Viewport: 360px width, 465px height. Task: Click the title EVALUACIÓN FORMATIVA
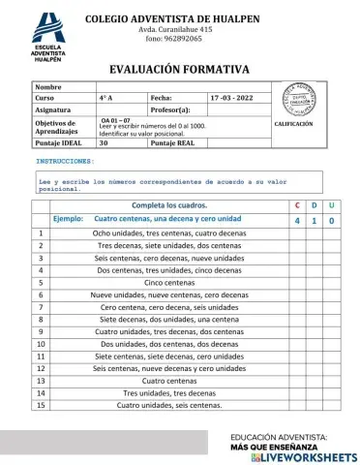tap(179, 69)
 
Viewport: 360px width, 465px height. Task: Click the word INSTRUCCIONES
tap(65, 161)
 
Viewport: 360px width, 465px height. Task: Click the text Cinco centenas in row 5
tap(169, 283)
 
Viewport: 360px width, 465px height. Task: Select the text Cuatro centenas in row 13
tap(169, 381)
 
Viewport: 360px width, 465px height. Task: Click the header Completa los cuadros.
tap(169, 206)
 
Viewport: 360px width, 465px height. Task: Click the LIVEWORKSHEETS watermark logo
tap(303, 455)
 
